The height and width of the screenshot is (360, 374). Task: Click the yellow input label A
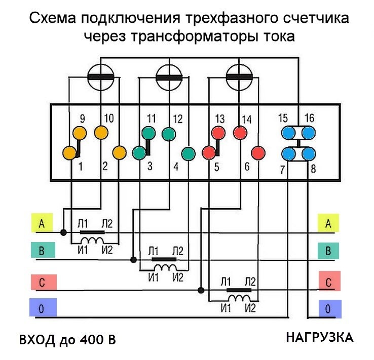pos(41,224)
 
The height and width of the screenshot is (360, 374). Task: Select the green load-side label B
pos(328,250)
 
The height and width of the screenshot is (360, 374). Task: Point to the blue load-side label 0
pos(328,308)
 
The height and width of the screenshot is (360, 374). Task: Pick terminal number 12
pos(177,119)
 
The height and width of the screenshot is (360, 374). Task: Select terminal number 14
pos(247,119)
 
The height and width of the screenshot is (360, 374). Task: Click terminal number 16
pos(310,118)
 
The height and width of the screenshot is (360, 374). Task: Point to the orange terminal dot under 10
pos(101,133)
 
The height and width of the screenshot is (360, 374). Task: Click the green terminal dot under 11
pos(149,133)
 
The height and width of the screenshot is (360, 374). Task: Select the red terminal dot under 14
pos(240,133)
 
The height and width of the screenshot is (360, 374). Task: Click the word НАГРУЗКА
pos(319,337)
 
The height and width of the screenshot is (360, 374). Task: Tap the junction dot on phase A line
pos(63,233)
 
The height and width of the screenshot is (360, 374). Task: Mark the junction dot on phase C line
pos(201,290)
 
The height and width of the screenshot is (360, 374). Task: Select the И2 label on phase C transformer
pos(250,308)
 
